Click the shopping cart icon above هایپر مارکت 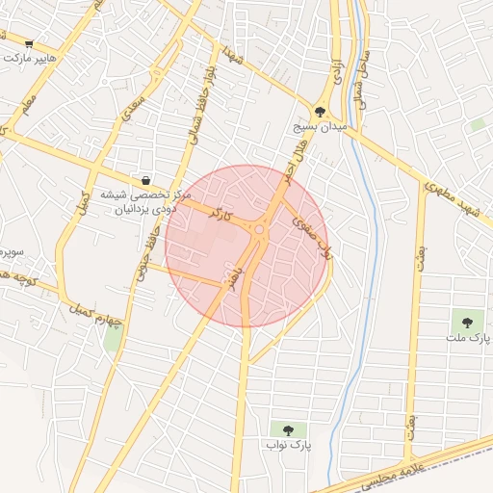[29, 43]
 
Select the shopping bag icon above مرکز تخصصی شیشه [145, 179]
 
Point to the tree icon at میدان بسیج [320, 112]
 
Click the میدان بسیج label [320, 126]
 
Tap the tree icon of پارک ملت [468, 323]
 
